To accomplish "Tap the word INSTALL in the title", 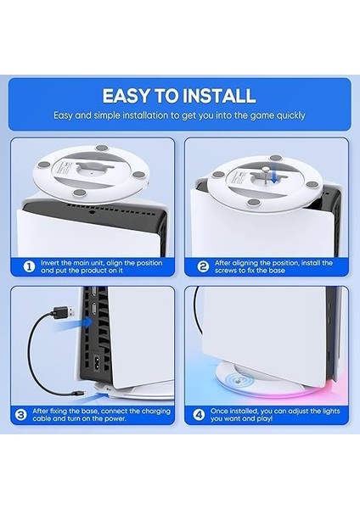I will pos(215,95).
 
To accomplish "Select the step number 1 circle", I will pos(28,265).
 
